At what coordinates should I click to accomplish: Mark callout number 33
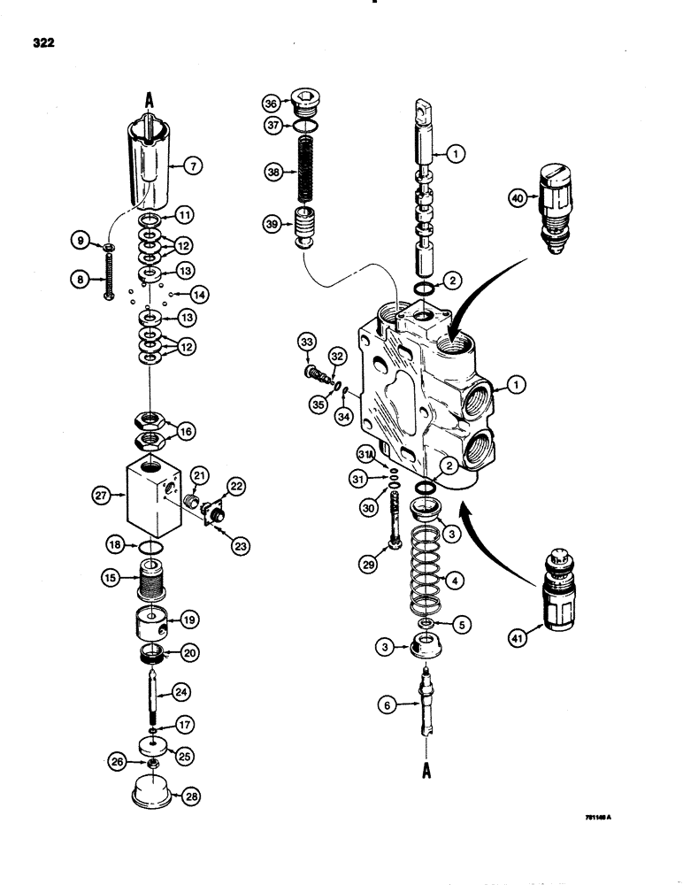(306, 342)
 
